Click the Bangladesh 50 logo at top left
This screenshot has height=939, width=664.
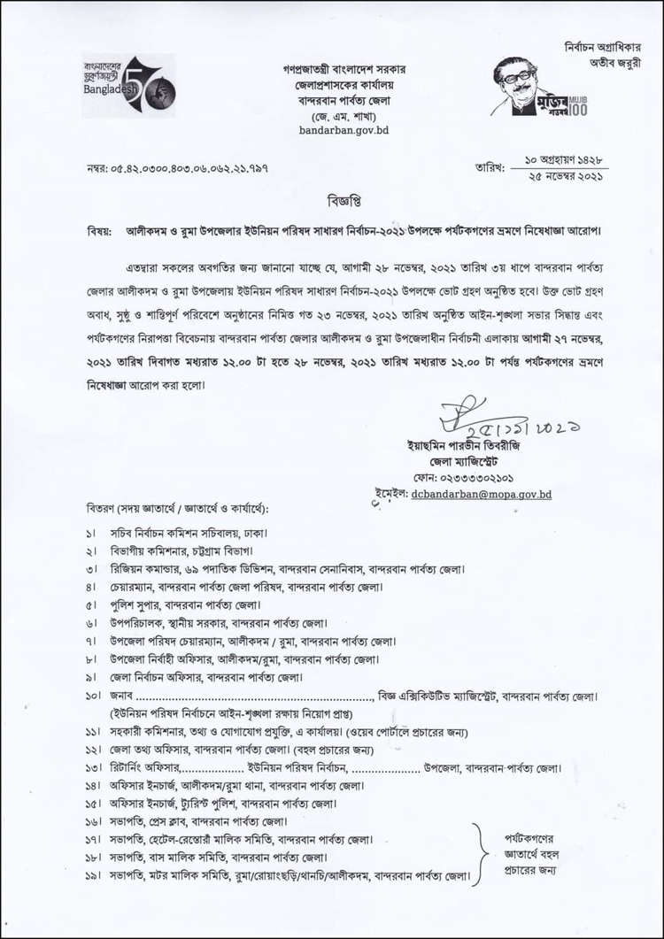(116, 86)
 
